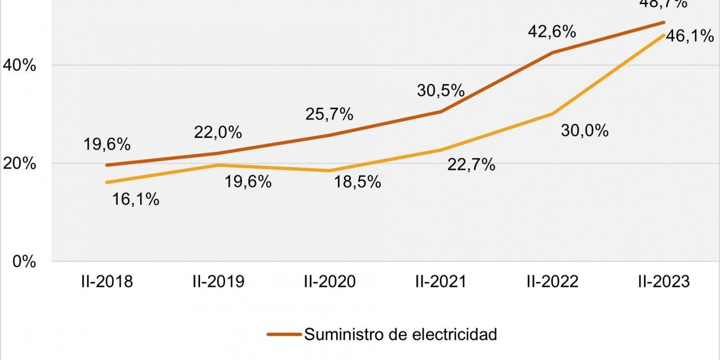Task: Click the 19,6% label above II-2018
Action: point(107,144)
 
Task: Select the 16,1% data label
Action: point(136,199)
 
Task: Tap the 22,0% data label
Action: point(218,132)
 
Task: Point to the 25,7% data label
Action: point(329,114)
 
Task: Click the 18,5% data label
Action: point(357,181)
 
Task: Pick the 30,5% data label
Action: point(441,90)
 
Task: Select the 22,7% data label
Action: point(471,165)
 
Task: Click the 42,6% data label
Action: point(552,32)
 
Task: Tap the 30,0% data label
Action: point(584,130)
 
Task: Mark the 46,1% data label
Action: point(690,36)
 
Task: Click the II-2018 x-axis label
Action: point(107,281)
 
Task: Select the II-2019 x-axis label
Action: point(218,281)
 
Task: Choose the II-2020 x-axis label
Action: point(329,281)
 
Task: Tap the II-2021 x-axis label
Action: point(441,281)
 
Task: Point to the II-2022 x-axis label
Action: point(552,281)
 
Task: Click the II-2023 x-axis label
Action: point(664,281)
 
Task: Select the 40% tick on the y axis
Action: point(20,66)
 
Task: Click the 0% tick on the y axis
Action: point(25,261)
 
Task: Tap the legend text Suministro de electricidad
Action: point(401,334)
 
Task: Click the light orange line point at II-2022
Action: point(552,114)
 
